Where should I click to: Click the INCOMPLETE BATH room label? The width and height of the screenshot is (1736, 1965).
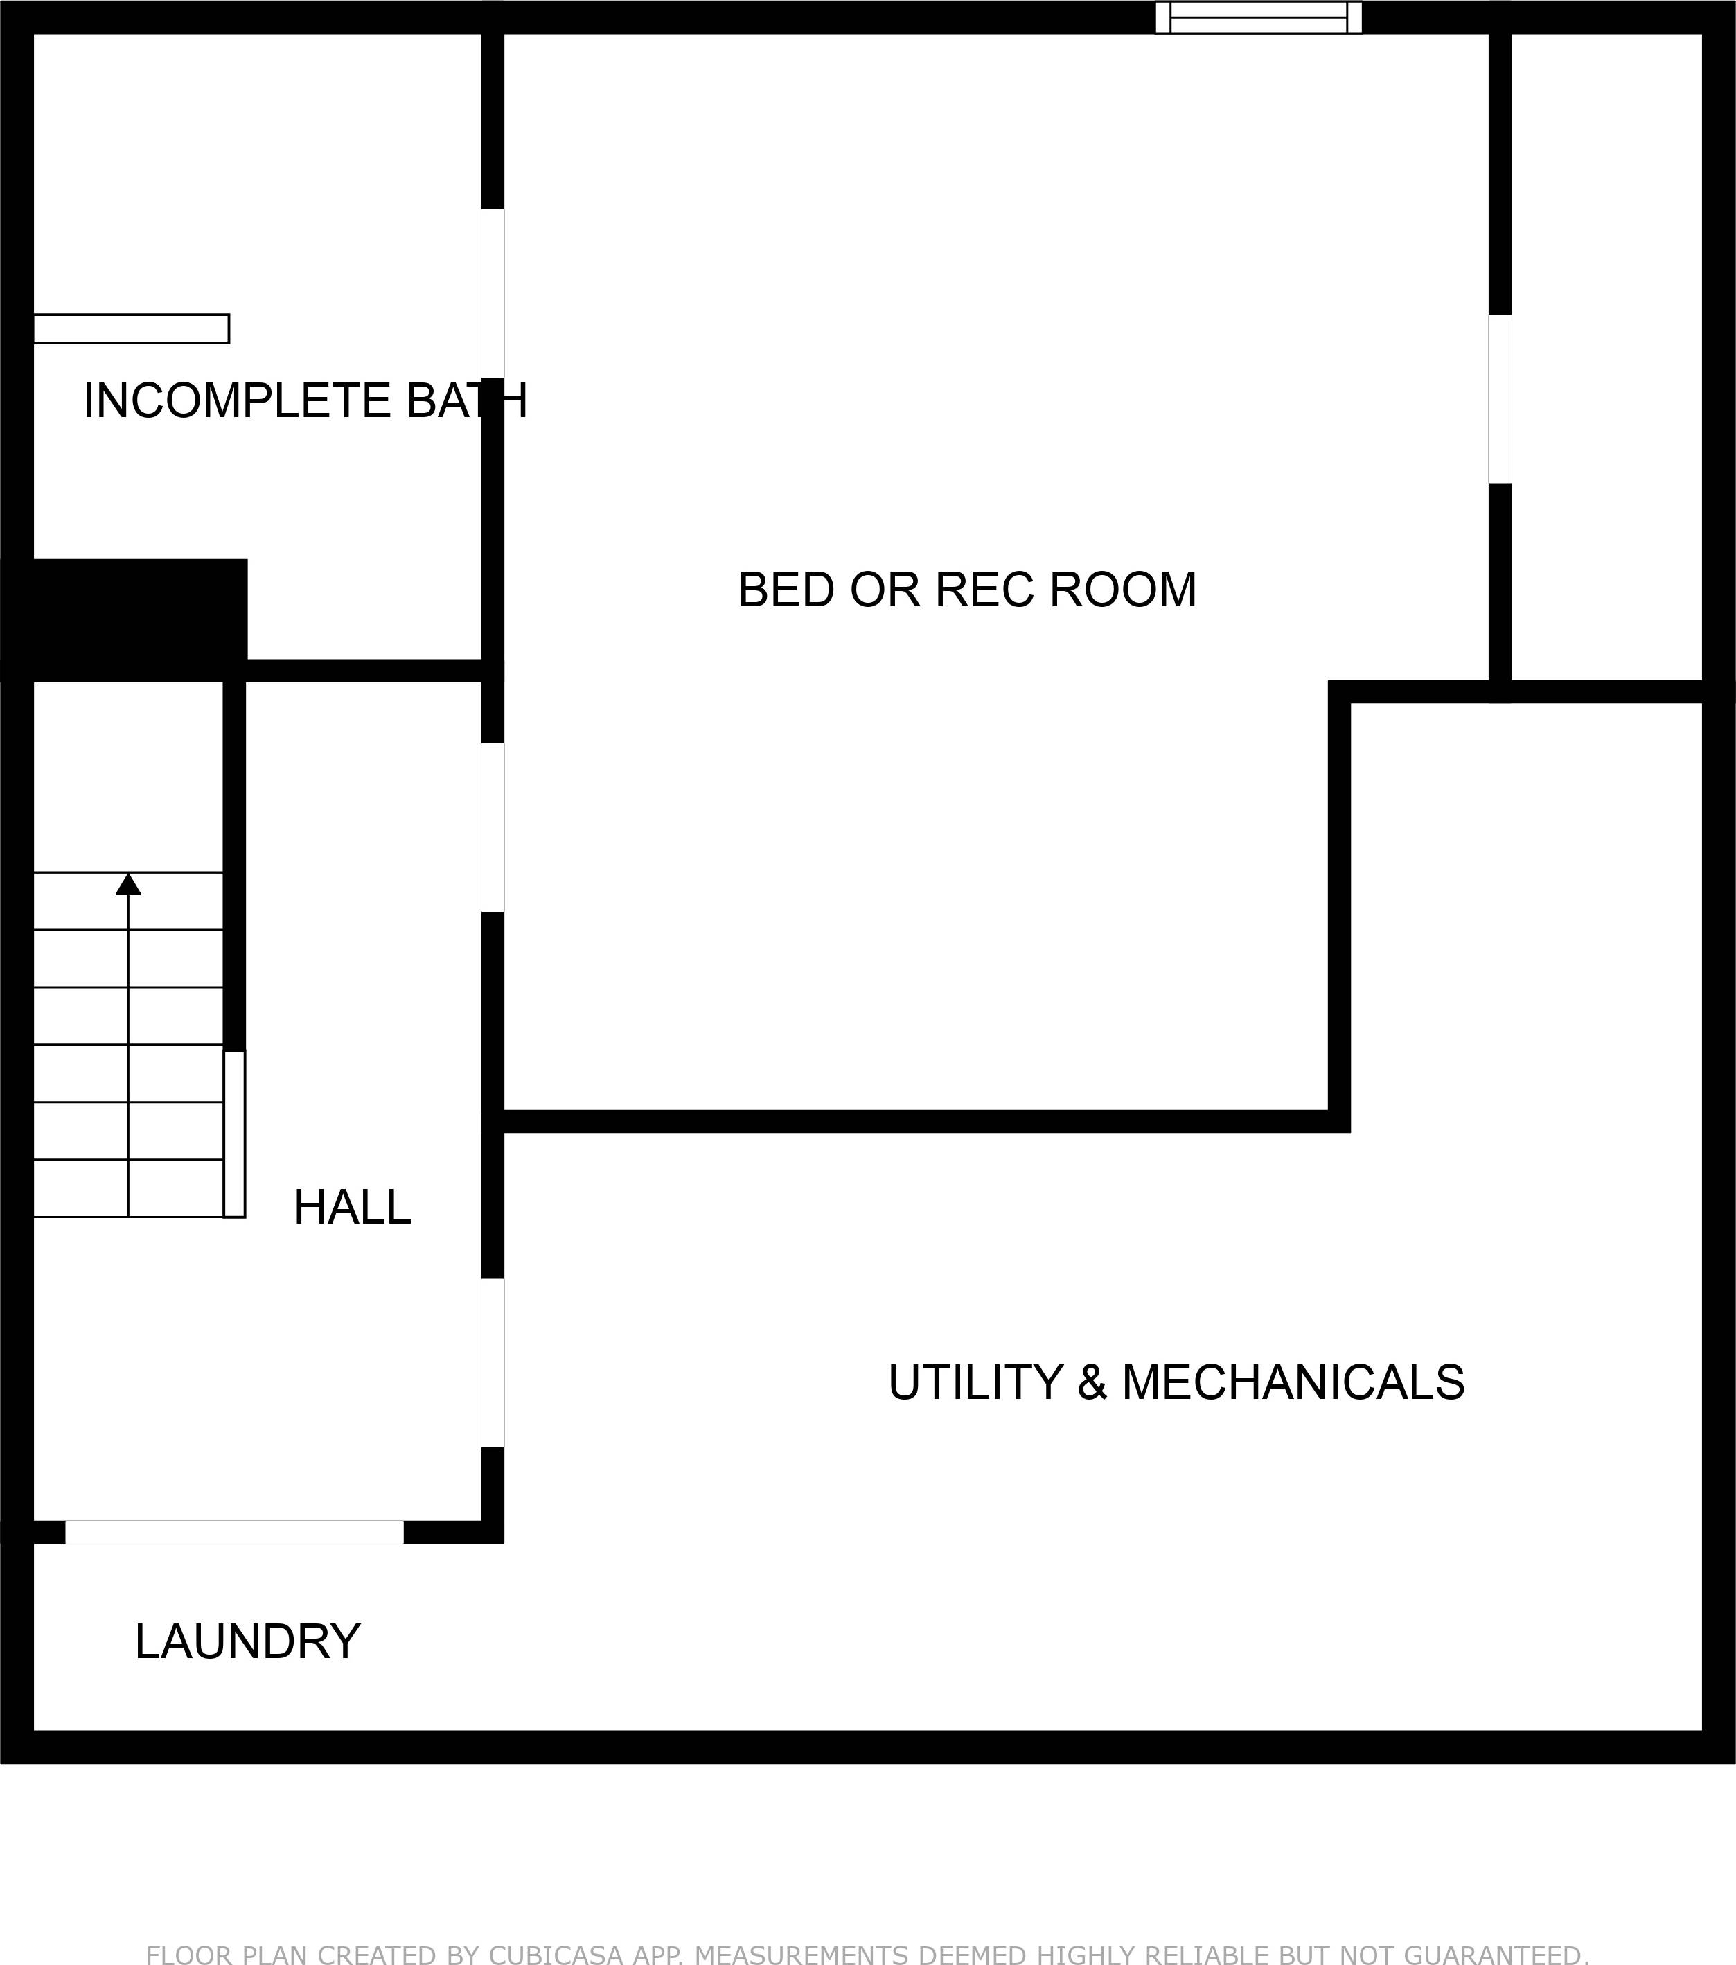click(305, 401)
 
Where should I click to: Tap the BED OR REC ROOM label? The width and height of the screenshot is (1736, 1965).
click(967, 590)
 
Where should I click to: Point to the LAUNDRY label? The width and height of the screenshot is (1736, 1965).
click(247, 1641)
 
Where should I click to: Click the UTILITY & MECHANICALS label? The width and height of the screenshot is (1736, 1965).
click(1176, 1382)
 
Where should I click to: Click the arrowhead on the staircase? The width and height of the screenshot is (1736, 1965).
click(128, 884)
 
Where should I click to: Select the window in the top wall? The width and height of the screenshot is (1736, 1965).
click(1257, 17)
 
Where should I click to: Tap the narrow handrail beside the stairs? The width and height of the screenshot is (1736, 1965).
click(235, 1134)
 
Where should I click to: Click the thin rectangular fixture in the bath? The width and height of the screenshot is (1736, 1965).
click(131, 329)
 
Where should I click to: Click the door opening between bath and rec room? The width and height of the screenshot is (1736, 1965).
click(492, 293)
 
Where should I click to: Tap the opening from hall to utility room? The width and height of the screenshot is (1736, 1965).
click(492, 1363)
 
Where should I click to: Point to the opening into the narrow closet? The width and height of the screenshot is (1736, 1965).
click(1500, 399)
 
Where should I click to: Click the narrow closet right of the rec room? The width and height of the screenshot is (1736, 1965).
click(1605, 355)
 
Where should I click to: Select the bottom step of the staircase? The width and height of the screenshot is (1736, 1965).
click(128, 1188)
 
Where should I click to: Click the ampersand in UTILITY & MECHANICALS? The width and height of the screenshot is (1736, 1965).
click(1091, 1382)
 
